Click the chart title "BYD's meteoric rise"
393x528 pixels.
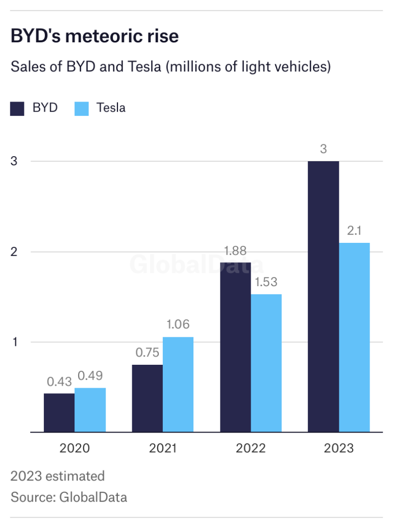(x=95, y=37)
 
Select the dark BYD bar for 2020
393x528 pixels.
(x=59, y=412)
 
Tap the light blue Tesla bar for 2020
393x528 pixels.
(x=90, y=410)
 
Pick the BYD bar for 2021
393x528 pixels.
(x=148, y=398)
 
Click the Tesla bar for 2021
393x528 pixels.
(x=178, y=384)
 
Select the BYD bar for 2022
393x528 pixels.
(x=235, y=347)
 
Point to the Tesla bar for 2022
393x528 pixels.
(x=266, y=363)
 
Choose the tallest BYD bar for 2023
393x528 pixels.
(x=324, y=296)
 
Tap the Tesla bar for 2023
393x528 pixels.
(x=354, y=337)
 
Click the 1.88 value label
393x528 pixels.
(x=235, y=251)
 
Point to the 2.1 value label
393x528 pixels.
(x=354, y=231)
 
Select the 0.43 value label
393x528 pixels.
(x=59, y=382)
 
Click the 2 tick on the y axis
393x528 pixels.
(x=14, y=252)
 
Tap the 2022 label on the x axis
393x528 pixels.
(x=251, y=448)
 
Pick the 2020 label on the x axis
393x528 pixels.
(x=75, y=448)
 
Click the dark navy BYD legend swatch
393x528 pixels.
(x=17, y=108)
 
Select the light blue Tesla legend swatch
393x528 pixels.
(x=81, y=108)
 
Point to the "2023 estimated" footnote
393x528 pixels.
(x=58, y=476)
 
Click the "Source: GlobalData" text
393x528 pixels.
(x=69, y=496)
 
